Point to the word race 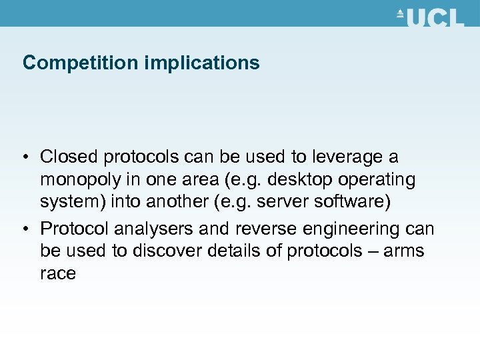pyautogui.click(x=57, y=274)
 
